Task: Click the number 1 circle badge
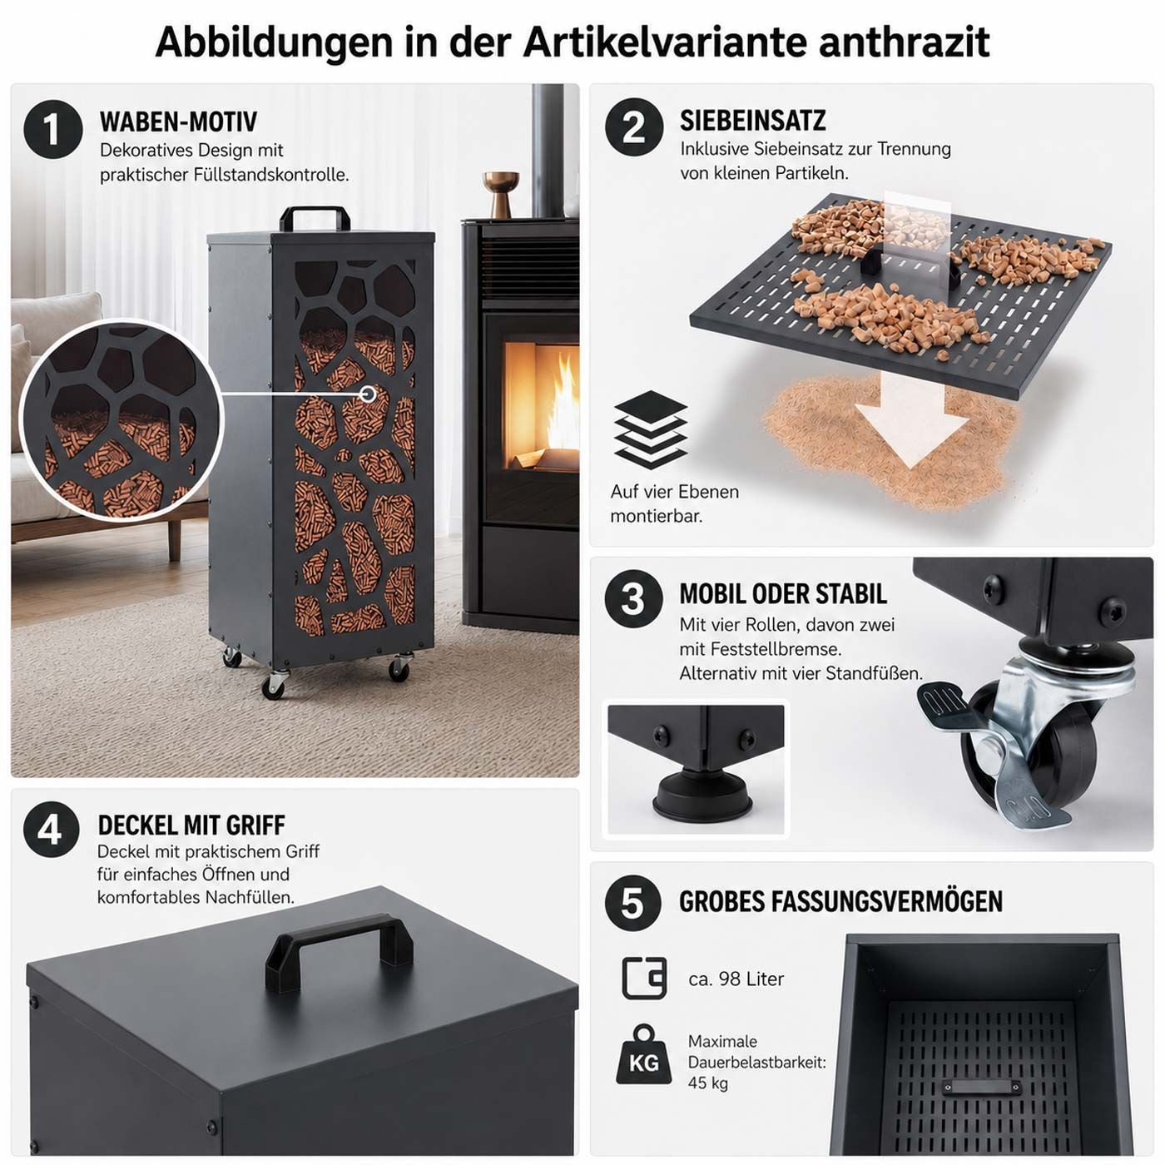pyautogui.click(x=53, y=129)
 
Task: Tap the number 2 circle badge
pyautogui.click(x=634, y=127)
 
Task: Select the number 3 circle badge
pyautogui.click(x=633, y=598)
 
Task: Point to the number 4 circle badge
pyautogui.click(x=52, y=830)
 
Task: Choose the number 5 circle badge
pyautogui.click(x=633, y=903)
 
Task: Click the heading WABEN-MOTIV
pyautogui.click(x=178, y=121)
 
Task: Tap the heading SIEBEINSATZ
pyautogui.click(x=753, y=121)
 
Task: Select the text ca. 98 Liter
pyautogui.click(x=736, y=979)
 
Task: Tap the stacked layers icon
pyautogui.click(x=651, y=429)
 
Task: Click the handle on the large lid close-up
pyautogui.click(x=339, y=953)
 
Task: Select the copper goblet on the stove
pyautogui.click(x=501, y=194)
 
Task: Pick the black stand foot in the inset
pyautogui.click(x=701, y=794)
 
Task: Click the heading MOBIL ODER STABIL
pyautogui.click(x=783, y=593)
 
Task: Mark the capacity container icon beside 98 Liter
pyautogui.click(x=644, y=979)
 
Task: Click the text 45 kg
pyautogui.click(x=708, y=1083)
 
